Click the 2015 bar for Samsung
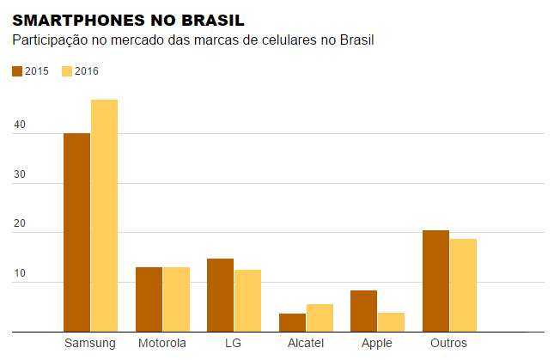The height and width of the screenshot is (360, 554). point(76,232)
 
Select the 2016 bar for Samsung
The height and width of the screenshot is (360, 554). point(104,216)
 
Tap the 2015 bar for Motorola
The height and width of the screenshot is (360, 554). point(149,299)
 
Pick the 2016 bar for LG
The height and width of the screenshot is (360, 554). point(247,301)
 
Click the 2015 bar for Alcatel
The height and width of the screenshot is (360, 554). point(292,322)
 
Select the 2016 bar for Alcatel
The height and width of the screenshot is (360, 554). point(320,318)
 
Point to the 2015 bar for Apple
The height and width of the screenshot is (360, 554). point(363,311)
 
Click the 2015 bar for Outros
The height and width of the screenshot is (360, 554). point(435,281)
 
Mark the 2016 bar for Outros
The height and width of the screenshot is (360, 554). point(463,285)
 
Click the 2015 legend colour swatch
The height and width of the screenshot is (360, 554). point(17,71)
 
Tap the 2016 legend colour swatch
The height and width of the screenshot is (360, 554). point(67,71)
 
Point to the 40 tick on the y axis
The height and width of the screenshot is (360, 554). point(20,125)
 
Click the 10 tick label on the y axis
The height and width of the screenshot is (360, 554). point(20,274)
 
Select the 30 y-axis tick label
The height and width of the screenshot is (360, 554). point(20,175)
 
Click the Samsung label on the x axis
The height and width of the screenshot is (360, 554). point(90,344)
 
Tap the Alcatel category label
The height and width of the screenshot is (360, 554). point(306,344)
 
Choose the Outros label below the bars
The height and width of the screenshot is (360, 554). point(448,344)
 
